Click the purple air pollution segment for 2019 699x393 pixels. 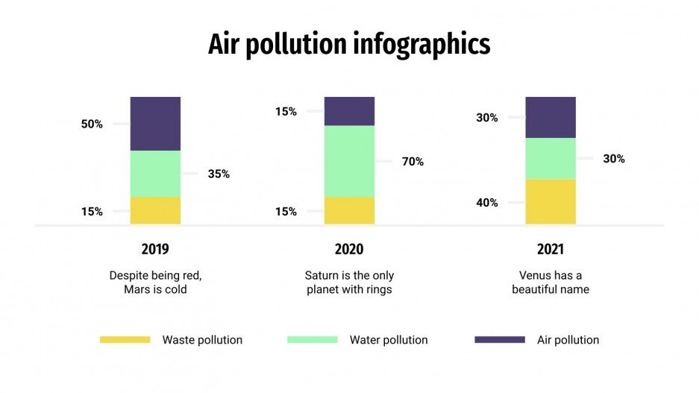coord(155,124)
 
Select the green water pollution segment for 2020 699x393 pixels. coord(349,161)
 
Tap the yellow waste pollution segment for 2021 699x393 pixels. coord(551,201)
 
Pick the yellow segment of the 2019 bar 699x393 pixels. coord(155,210)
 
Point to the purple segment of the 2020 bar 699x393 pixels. coord(349,111)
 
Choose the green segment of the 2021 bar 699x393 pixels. coord(551,158)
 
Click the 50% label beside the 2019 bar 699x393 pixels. coord(92,124)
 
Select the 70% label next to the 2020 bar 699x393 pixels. coord(413,161)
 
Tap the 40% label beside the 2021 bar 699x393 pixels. coord(487,202)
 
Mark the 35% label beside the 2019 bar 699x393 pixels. coord(219,174)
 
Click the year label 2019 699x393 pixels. coord(155,249)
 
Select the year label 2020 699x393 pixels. coord(349,249)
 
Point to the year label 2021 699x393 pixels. coord(551,249)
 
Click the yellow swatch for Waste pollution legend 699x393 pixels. coord(125,339)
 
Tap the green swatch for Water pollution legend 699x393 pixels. coord(313,339)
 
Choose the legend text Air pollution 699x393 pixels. coord(568,339)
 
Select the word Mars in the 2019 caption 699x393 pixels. coord(138,289)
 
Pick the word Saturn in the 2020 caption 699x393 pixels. coord(322,274)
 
